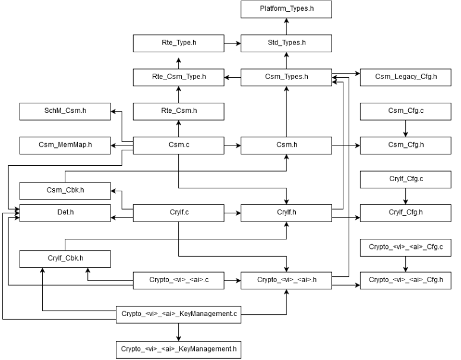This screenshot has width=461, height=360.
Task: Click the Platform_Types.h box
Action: pyautogui.click(x=286, y=10)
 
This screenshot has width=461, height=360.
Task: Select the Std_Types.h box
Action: pyautogui.click(x=286, y=43)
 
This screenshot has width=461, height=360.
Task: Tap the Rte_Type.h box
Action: pyautogui.click(x=178, y=43)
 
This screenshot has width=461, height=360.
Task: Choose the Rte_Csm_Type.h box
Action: pyautogui.click(x=178, y=77)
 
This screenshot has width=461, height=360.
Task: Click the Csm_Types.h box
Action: pyautogui.click(x=286, y=77)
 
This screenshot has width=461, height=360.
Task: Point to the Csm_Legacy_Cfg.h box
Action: pyautogui.click(x=406, y=77)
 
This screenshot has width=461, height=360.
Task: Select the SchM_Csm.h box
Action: pyautogui.click(x=65, y=110)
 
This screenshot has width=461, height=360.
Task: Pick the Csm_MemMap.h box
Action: pyautogui.click(x=65, y=144)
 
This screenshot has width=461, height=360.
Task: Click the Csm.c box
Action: pyautogui.click(x=178, y=144)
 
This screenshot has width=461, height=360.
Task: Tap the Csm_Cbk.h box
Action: pyautogui.click(x=65, y=191)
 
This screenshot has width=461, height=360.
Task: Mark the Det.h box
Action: pyautogui.click(x=65, y=211)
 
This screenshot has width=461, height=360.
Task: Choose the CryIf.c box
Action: pyautogui.click(x=178, y=211)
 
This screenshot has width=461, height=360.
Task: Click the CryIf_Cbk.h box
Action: pyautogui.click(x=65, y=258)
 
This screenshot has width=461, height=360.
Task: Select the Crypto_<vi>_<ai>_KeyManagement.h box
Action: pyautogui.click(x=178, y=348)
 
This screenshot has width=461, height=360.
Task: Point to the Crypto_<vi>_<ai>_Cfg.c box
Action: pyautogui.click(x=406, y=247)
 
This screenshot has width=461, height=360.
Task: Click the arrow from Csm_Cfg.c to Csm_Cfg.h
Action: pyautogui.click(x=406, y=128)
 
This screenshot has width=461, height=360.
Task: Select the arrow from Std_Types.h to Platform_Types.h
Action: pyautogui.click(x=286, y=27)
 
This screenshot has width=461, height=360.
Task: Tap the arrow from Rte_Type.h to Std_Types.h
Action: pyautogui.click(x=232, y=43)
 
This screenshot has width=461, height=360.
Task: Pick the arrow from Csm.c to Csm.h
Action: pyautogui.click(x=232, y=144)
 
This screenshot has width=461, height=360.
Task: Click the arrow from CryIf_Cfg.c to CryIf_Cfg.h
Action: pyautogui.click(x=406, y=195)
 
